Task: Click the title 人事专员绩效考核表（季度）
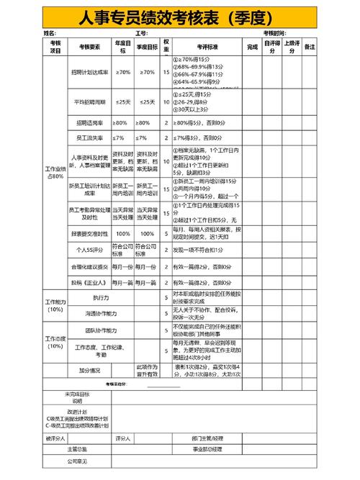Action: pos(180,17)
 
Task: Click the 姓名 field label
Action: pos(50,34)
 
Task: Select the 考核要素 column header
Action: pos(90,47)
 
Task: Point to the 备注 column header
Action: pos(310,47)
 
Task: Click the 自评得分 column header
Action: pos(272,47)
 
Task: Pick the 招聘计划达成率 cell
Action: pos(90,73)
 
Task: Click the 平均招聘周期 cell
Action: pos(90,102)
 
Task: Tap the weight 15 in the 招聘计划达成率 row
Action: pos(166,73)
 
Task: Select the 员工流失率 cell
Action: pos(90,137)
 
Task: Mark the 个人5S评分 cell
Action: pos(90,250)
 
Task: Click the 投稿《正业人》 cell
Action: pos(90,283)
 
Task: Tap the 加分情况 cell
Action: pos(90,371)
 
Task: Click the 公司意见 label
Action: pos(77,461)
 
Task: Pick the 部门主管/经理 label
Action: pos(207,438)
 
